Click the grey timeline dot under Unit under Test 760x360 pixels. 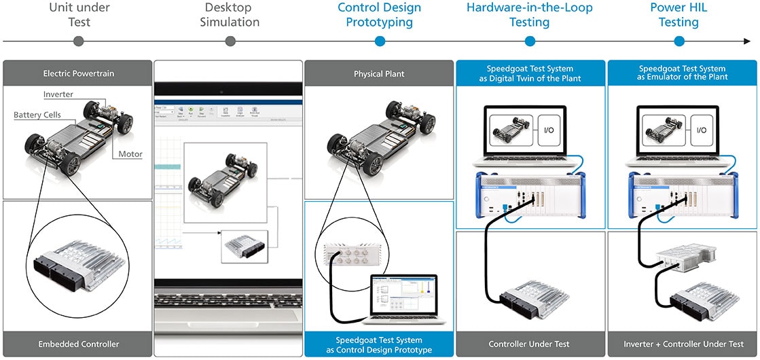(78, 41)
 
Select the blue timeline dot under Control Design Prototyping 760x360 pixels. (380, 41)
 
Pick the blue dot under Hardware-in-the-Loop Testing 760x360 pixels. (529, 41)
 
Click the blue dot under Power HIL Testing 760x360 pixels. (678, 41)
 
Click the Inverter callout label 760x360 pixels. (58, 94)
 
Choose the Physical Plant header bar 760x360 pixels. (379, 73)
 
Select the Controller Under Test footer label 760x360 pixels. (529, 344)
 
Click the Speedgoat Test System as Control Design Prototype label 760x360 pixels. (379, 344)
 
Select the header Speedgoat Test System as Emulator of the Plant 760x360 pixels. (681, 73)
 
